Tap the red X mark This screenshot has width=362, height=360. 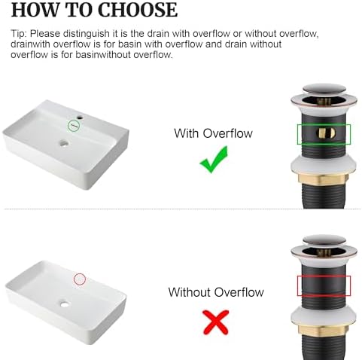[x=216, y=322]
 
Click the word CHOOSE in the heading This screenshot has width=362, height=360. [x=138, y=10]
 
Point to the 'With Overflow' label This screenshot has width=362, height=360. [x=213, y=133]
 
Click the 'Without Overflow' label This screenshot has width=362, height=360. [x=216, y=292]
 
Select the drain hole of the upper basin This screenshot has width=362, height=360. [x=64, y=144]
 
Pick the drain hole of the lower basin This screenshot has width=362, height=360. [x=65, y=304]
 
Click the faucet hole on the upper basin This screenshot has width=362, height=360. [x=81, y=117]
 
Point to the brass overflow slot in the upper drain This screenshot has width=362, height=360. [x=326, y=133]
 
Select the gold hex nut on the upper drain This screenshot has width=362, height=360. [x=323, y=178]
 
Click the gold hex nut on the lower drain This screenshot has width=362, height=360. [x=323, y=330]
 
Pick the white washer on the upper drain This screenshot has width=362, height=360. [x=323, y=165]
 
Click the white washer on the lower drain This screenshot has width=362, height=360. [x=323, y=316]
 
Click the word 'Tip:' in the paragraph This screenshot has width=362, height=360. [x=18, y=34]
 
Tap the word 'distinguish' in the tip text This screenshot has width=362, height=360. [x=87, y=34]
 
